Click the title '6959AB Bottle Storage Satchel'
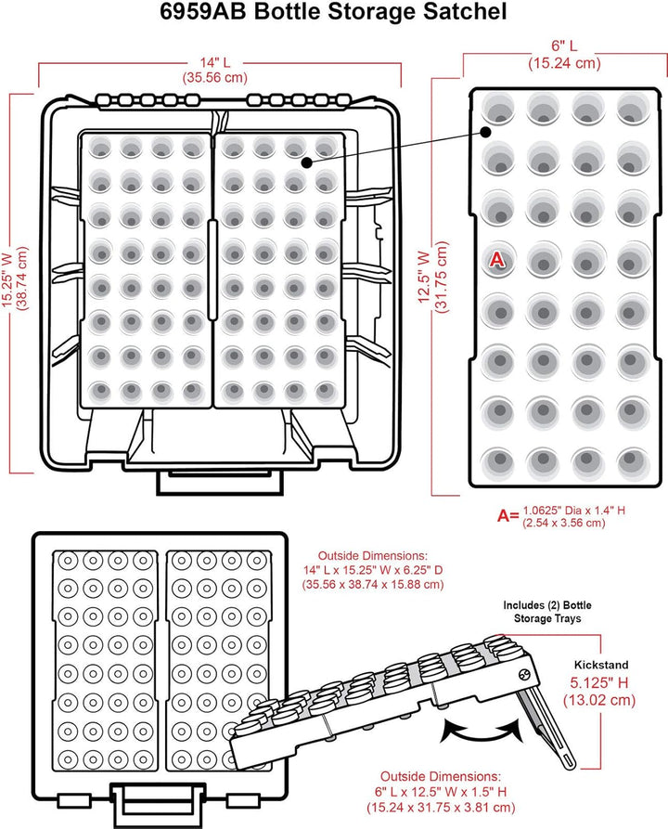[x=333, y=12]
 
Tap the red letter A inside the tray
[x=496, y=260]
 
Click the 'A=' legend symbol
[x=508, y=515]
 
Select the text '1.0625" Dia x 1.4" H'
[x=574, y=511]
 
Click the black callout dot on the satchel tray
[x=306, y=162]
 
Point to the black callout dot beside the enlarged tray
[x=485, y=132]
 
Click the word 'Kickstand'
[x=601, y=665]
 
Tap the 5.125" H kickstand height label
[x=599, y=682]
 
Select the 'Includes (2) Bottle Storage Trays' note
[x=547, y=612]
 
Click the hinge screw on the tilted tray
[x=524, y=675]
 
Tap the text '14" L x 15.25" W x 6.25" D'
[x=373, y=570]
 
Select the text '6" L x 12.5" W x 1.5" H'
[x=441, y=792]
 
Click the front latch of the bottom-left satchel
[x=158, y=805]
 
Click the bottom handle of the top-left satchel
[x=220, y=482]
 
